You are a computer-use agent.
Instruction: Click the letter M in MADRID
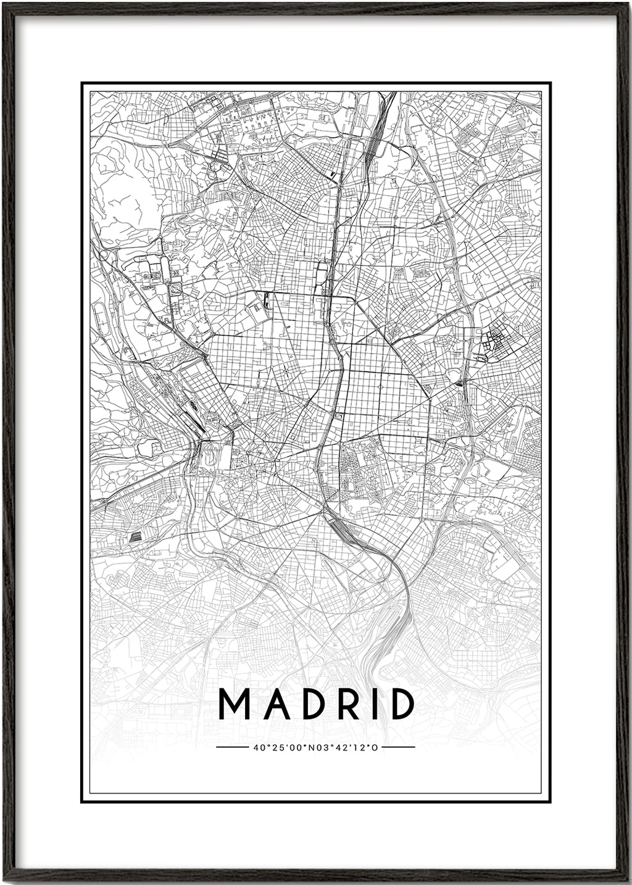click(234, 704)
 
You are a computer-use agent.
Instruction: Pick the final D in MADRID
click(399, 704)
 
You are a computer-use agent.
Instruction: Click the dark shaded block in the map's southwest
click(133, 537)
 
